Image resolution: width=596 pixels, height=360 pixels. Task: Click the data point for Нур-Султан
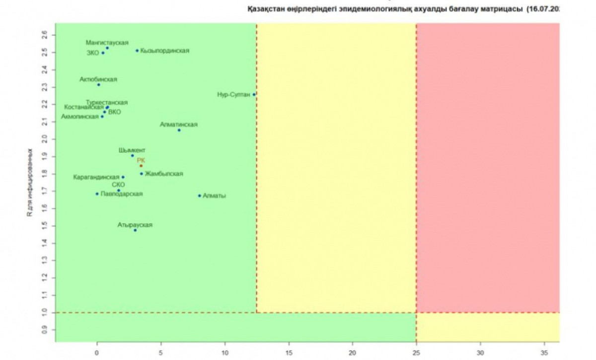coord(254,94)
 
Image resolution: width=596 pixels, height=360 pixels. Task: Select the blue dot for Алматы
coord(200,196)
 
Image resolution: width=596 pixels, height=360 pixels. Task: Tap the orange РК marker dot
coord(141,166)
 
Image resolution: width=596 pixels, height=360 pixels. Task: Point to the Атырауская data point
coord(135,230)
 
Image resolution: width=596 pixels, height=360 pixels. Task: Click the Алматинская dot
coord(179,130)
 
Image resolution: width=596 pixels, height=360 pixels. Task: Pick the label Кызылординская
coord(164,51)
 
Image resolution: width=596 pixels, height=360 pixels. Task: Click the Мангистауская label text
coord(107,42)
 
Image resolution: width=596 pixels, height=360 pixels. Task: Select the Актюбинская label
coord(98,79)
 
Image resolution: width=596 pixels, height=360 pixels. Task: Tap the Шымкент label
coord(132,150)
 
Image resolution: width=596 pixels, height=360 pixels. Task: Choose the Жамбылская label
coord(164,174)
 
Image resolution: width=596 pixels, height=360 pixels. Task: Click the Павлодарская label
coord(122,194)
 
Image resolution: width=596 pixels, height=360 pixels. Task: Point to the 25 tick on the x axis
coord(416,351)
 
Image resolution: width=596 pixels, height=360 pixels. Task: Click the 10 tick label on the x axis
coord(225,351)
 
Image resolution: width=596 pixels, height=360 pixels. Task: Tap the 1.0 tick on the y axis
coord(45,312)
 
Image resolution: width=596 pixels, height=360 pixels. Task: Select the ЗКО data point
coord(103,53)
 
